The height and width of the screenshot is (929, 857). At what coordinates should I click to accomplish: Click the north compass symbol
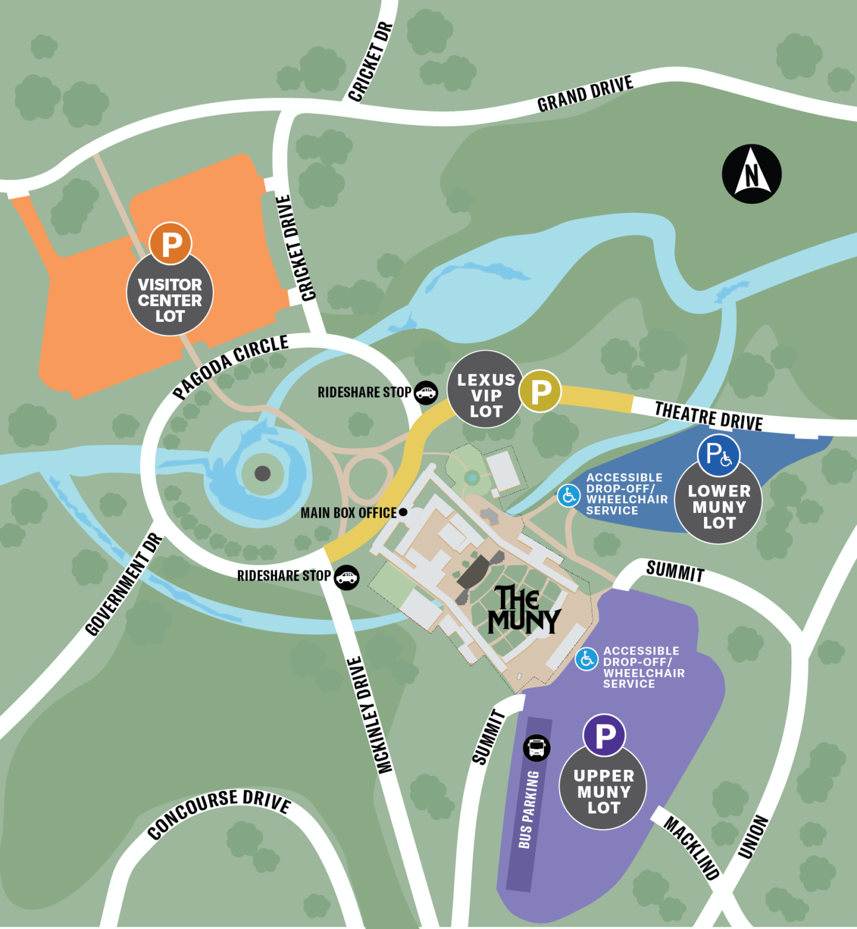[x=752, y=174]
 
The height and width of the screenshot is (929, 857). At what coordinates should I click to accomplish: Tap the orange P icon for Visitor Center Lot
[x=170, y=243]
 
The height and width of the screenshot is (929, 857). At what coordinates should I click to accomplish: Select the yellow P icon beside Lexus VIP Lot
[x=540, y=391]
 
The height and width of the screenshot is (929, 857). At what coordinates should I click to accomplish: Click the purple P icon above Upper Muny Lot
[x=604, y=735]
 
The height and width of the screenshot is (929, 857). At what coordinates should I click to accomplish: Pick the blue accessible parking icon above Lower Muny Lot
[x=719, y=454]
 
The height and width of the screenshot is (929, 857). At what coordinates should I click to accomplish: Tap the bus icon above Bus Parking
[x=536, y=748]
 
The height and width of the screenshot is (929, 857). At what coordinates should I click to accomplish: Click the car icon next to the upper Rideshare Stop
[x=426, y=393]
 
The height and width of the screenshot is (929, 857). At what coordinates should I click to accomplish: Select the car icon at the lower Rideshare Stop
[x=347, y=577]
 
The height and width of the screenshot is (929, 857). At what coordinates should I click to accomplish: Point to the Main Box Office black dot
[x=403, y=512]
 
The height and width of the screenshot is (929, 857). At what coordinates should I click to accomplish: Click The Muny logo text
[x=523, y=610]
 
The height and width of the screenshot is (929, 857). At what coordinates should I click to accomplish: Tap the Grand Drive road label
[x=585, y=94]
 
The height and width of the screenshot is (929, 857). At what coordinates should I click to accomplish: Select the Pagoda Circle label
[x=231, y=366]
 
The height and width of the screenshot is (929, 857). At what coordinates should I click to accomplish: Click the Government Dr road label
[x=124, y=585]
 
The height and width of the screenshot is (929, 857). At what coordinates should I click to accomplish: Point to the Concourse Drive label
[x=219, y=812]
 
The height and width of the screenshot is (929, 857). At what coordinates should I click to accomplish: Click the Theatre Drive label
[x=708, y=416]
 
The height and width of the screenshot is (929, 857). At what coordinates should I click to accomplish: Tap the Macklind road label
[x=692, y=847]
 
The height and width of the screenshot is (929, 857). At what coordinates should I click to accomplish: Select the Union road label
[x=753, y=837]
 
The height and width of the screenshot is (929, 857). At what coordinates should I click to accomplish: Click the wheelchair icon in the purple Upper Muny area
[x=586, y=659]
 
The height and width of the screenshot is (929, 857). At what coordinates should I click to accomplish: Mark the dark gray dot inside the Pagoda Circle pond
[x=262, y=473]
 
